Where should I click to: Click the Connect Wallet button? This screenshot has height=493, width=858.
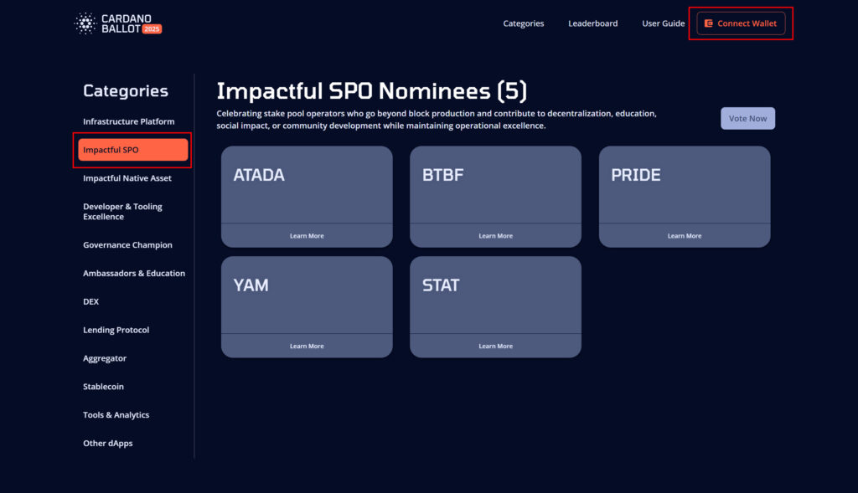(741, 23)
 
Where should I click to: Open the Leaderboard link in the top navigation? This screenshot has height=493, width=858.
(592, 23)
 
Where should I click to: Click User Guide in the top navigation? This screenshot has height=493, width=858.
(664, 23)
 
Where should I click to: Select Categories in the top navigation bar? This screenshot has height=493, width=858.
(524, 23)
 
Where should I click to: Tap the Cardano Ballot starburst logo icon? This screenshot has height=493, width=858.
(85, 23)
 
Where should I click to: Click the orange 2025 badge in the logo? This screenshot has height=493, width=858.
(152, 29)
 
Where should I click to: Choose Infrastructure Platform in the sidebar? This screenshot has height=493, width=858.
(128, 121)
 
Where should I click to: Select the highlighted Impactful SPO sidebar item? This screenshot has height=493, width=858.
(133, 150)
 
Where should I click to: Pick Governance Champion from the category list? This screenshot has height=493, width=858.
(127, 245)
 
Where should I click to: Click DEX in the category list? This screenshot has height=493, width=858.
(90, 301)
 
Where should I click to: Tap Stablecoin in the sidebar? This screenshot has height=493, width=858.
(103, 387)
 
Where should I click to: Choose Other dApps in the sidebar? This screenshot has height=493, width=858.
(108, 444)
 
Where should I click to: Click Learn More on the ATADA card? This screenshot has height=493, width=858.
(307, 236)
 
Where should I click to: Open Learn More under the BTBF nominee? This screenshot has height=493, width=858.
(496, 236)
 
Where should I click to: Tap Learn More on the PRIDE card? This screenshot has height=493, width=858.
(685, 236)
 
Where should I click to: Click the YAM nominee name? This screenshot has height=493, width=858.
(251, 285)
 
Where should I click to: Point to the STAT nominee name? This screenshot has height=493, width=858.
(441, 285)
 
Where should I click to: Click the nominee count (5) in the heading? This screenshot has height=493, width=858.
(512, 91)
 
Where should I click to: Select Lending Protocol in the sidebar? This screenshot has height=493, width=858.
(116, 330)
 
